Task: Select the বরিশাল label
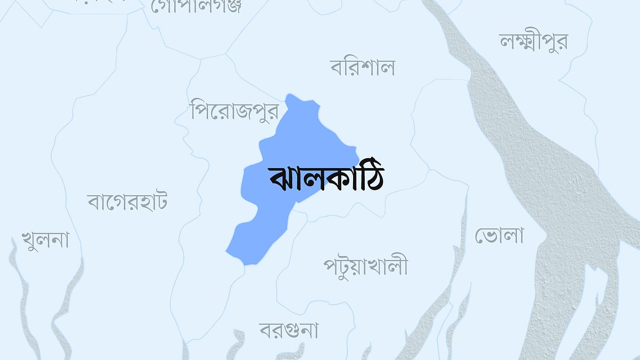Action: tap(363, 68)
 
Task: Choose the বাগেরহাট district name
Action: tap(127, 202)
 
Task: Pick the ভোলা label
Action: tap(499, 235)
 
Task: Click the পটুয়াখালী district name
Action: tap(365, 266)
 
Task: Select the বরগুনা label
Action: tap(289, 330)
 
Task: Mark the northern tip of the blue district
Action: tap(290, 96)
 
